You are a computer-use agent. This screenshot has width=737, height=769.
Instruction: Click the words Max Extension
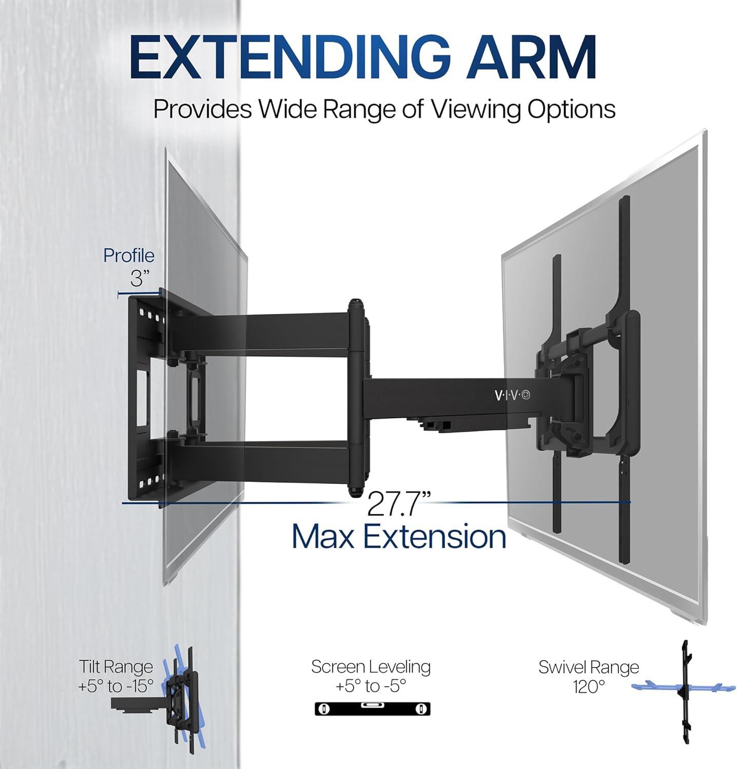[x=399, y=537]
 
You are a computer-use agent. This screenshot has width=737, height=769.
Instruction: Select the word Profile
[x=128, y=255]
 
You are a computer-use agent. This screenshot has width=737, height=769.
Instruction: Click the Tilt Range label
[x=115, y=666]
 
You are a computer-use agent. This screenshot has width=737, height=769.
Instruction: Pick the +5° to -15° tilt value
[x=115, y=686]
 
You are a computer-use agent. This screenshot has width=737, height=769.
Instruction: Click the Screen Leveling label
[x=371, y=666]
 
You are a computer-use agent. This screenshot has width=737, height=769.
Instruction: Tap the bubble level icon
[x=372, y=709]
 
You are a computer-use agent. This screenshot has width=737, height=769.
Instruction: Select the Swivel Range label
[x=589, y=667]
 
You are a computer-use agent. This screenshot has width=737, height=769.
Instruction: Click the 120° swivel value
[x=589, y=686]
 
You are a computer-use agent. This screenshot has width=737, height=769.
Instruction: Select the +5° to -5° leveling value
[x=371, y=686]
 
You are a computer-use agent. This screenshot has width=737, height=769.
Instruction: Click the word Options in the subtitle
[x=571, y=109]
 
